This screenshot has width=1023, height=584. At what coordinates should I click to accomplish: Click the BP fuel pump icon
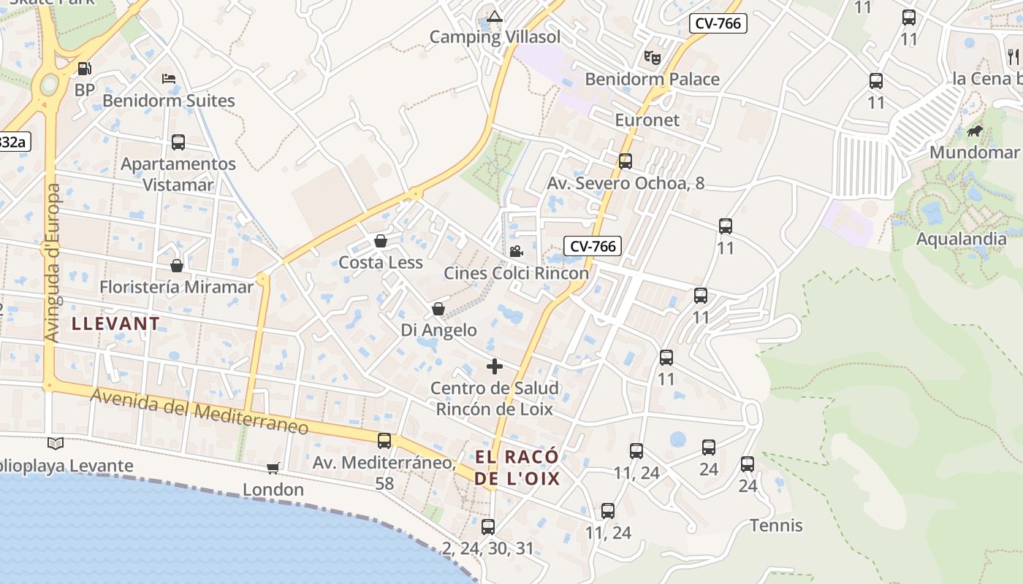coord(85,69)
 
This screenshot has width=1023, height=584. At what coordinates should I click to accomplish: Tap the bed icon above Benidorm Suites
coord(169,79)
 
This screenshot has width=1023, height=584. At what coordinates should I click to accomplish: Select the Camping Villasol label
coord(495,37)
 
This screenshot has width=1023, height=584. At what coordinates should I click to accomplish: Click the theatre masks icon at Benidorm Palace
coord(652,57)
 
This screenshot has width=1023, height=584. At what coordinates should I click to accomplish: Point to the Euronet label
coord(647,120)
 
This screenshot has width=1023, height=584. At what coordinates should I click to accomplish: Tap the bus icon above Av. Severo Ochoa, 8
coord(625,161)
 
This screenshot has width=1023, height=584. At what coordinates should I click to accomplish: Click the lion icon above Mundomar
coord(974,131)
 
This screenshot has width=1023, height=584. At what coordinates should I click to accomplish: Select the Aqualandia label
coord(961,239)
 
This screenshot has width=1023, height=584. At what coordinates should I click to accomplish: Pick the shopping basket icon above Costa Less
coord(381,241)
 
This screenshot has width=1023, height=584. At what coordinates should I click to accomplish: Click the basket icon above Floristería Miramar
coord(176,266)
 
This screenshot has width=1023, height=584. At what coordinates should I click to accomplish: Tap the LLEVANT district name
coord(115,324)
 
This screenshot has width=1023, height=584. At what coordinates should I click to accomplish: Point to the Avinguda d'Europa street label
coord(52,263)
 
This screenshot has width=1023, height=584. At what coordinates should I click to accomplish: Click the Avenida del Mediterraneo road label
coord(199,412)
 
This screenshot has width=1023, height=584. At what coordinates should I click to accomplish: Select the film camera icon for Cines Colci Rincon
coord(516,252)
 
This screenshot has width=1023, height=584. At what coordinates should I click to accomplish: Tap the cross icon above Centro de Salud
coord(495,366)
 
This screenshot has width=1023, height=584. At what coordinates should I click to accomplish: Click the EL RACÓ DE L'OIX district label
coord(517,468)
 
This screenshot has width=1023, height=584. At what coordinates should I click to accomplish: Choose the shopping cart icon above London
coord(273,468)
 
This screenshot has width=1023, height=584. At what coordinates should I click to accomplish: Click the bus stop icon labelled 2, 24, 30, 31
coord(488,526)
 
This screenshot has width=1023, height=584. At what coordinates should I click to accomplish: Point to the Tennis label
coord(776,526)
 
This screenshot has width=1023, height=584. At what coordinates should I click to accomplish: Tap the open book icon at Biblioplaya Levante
coord(56,443)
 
